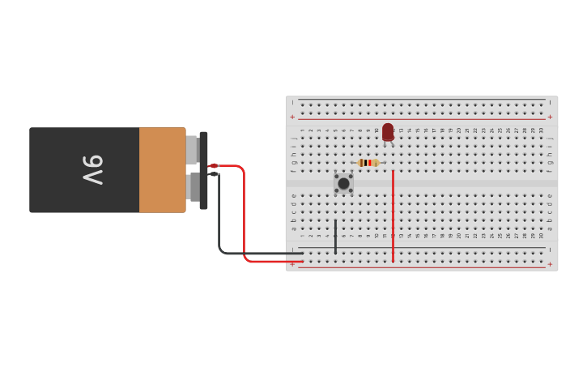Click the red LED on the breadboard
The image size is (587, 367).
(388, 131)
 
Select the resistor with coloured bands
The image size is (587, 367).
(368, 163)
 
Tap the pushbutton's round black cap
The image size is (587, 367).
(343, 183)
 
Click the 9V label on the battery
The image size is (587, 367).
(92, 170)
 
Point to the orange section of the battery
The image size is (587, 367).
(162, 170)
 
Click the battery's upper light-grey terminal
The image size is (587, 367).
(192, 149)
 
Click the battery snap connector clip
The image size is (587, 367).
(203, 170)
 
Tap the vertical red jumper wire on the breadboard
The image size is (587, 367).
(393, 216)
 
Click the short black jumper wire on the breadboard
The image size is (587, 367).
(335, 236)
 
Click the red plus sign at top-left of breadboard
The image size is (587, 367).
(292, 117)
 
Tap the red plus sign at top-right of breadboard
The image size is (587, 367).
(550, 117)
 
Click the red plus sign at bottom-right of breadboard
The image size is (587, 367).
(550, 264)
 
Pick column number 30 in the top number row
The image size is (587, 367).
(541, 130)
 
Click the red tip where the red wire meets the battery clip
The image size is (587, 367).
(214, 166)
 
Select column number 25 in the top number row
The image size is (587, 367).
(500, 130)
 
